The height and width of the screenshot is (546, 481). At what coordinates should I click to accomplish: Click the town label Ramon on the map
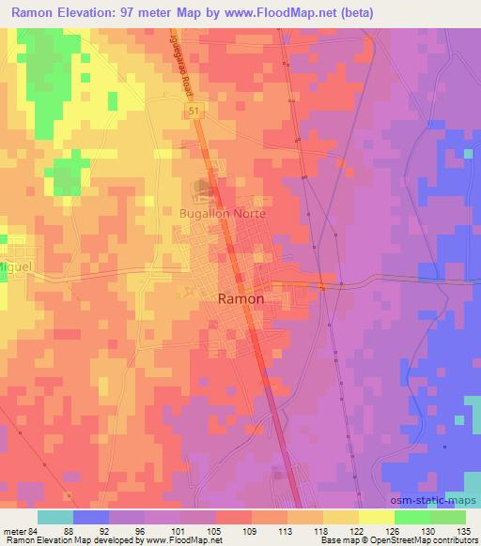(240, 298)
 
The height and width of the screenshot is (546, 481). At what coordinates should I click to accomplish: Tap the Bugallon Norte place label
(224, 214)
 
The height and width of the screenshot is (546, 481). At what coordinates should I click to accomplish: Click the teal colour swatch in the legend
(55, 517)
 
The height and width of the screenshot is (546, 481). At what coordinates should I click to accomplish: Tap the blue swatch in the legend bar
(91, 517)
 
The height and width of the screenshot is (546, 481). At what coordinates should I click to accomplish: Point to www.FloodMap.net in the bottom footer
(169, 540)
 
